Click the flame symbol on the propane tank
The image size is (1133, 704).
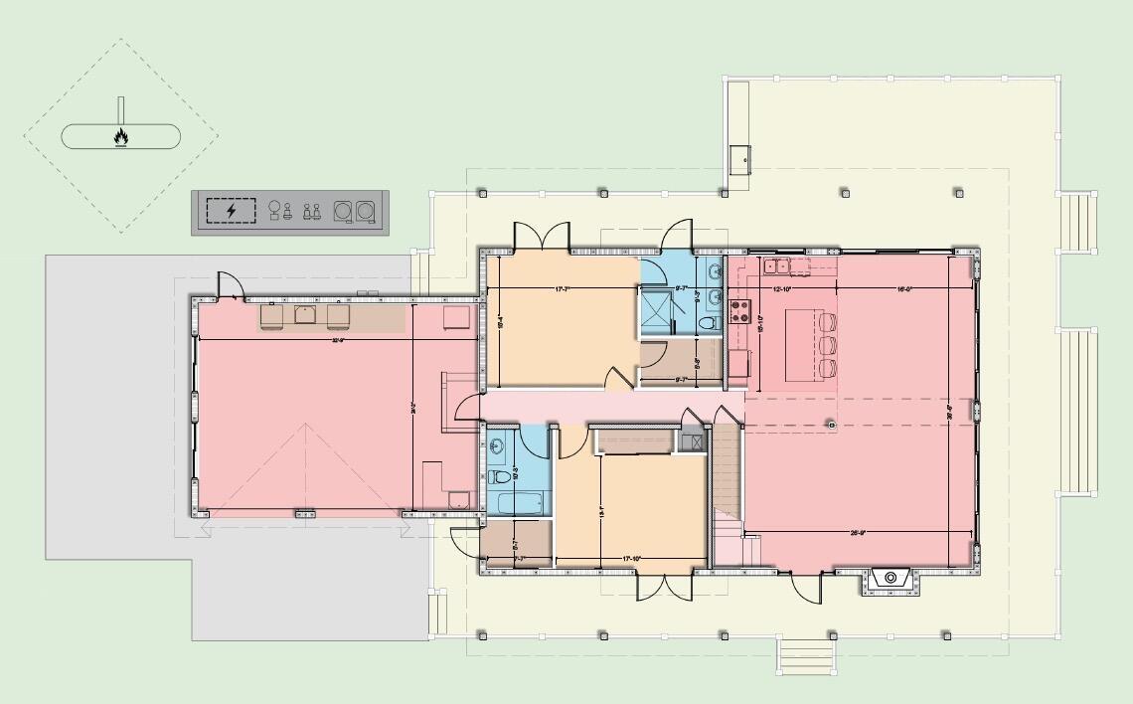[x=120, y=136]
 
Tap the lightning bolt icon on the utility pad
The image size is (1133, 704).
[x=231, y=211]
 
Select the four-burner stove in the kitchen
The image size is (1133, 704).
[x=739, y=311]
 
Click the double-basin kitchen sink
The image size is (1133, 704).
[x=776, y=265]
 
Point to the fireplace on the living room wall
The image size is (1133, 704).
[x=890, y=577]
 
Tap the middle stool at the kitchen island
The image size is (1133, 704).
[x=829, y=345]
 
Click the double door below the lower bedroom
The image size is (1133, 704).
[x=664, y=586]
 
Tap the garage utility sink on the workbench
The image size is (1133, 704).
[x=305, y=316]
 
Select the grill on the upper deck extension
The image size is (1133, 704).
[x=739, y=156]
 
